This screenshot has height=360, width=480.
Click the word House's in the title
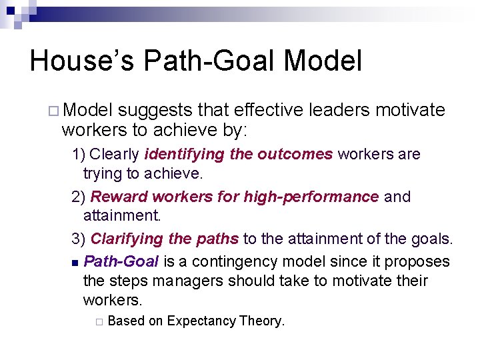[x=81, y=61]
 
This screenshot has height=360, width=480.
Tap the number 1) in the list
[x=79, y=155]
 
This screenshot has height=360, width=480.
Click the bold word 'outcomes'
[x=295, y=155]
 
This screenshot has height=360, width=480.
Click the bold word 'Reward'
[x=119, y=197]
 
